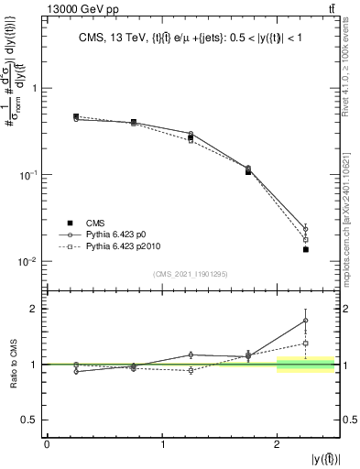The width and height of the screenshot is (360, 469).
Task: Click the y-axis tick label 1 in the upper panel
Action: [x=35, y=89]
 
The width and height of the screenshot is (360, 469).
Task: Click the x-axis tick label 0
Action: [x=47, y=444]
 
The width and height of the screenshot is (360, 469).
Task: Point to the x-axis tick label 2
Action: [x=277, y=444]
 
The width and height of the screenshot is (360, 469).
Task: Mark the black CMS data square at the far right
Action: [x=306, y=249]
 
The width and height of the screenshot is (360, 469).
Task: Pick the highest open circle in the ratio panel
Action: [x=306, y=320]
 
